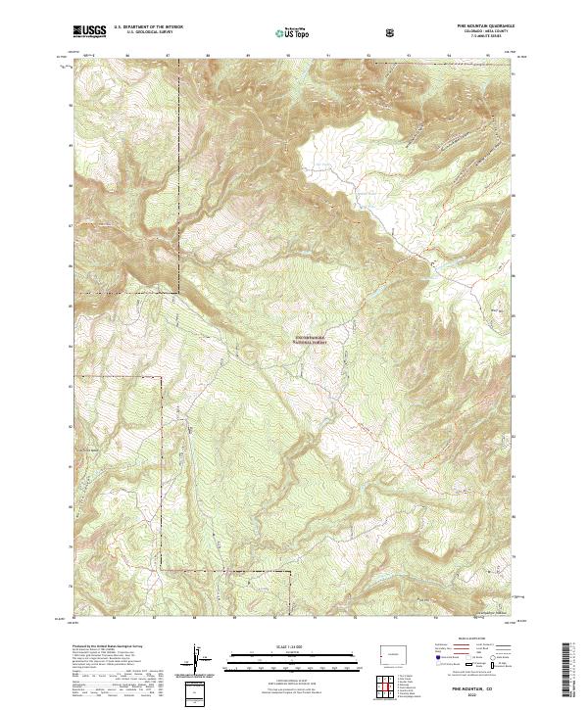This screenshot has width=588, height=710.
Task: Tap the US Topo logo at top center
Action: (294, 33)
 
